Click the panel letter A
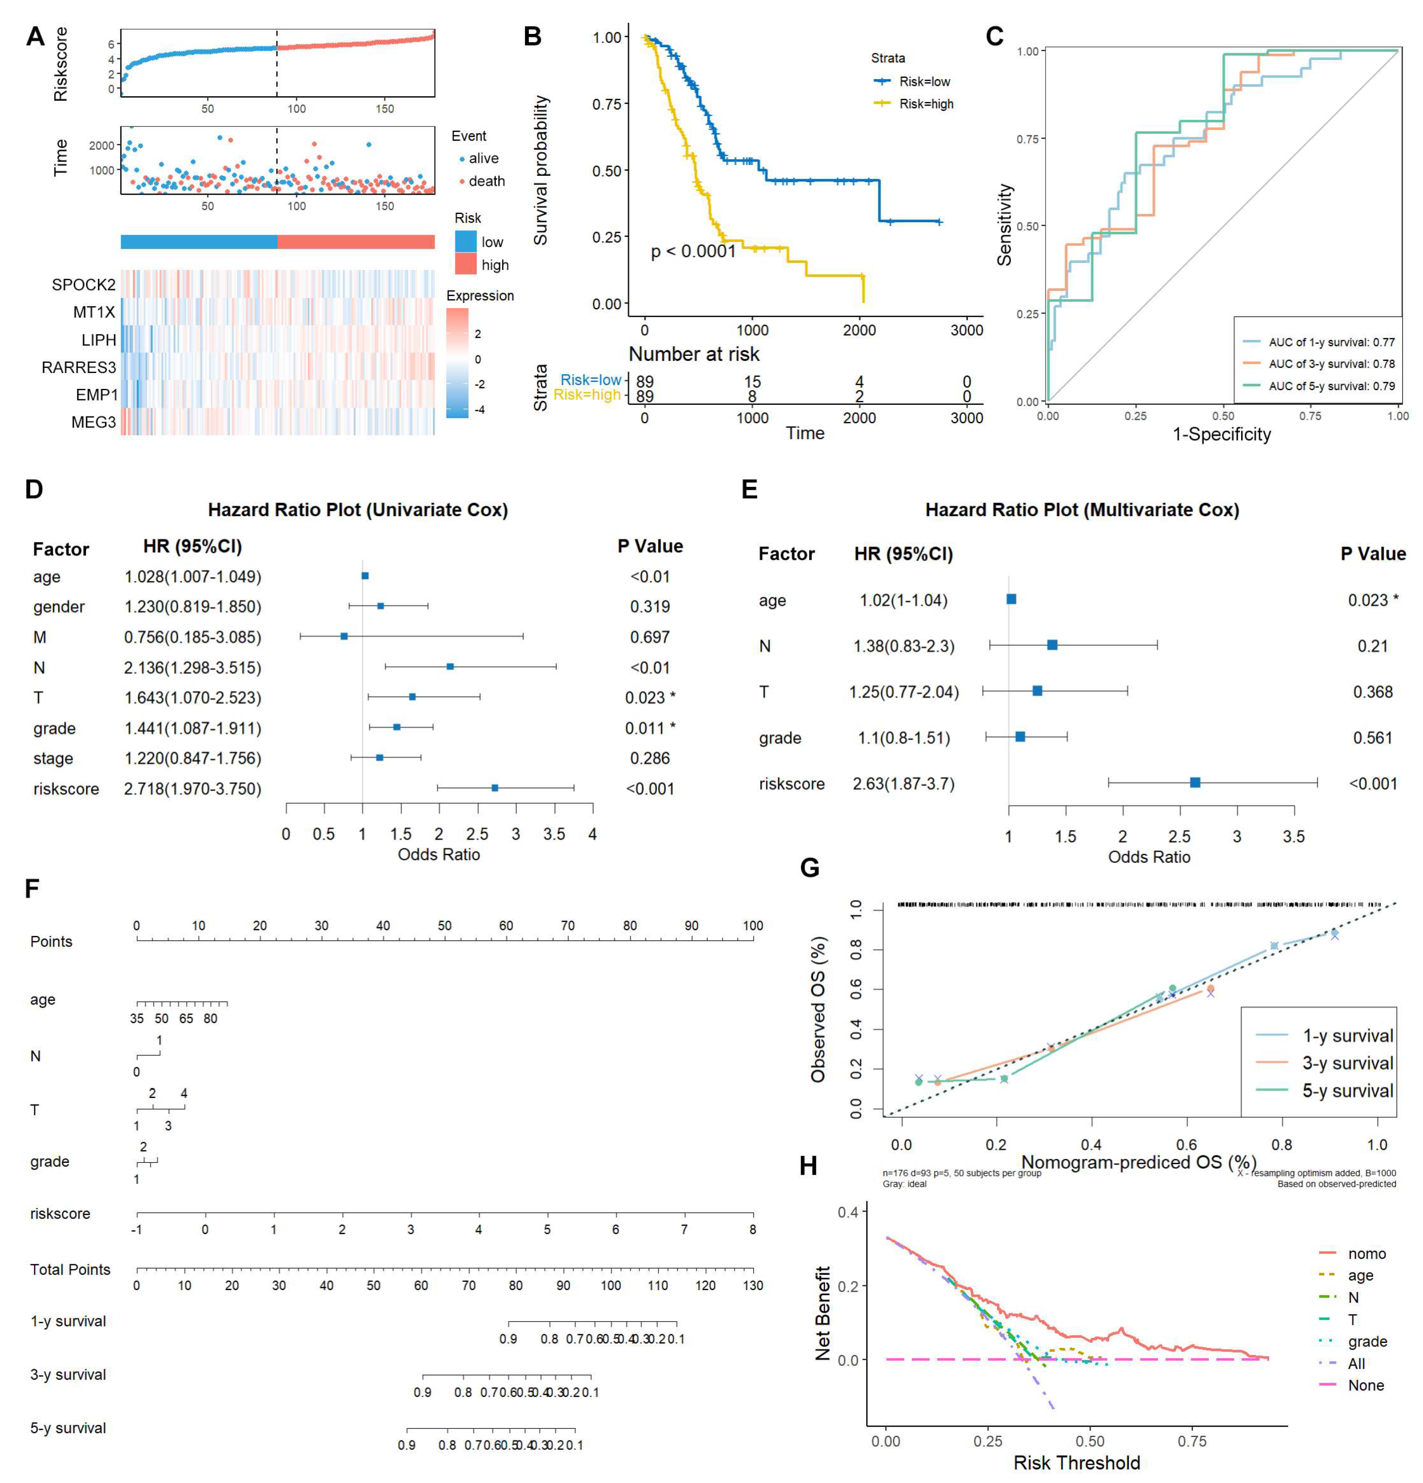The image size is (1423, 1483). [x=35, y=37]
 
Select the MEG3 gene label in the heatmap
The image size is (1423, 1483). [x=93, y=422]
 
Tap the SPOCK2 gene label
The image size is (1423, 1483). [x=83, y=284]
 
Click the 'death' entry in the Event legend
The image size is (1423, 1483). [x=485, y=181]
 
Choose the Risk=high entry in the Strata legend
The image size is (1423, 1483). [x=925, y=104]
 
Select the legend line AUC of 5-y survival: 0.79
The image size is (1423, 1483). [x=1331, y=386]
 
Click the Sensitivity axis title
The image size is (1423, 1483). [x=1004, y=225]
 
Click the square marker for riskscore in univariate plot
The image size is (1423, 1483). [x=494, y=788]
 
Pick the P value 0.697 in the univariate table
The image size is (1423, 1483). [x=650, y=637]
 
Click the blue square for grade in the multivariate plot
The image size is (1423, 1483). [x=1020, y=736]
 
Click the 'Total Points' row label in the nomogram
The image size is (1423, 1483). [x=70, y=1269]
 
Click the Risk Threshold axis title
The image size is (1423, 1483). [x=1076, y=1462]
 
